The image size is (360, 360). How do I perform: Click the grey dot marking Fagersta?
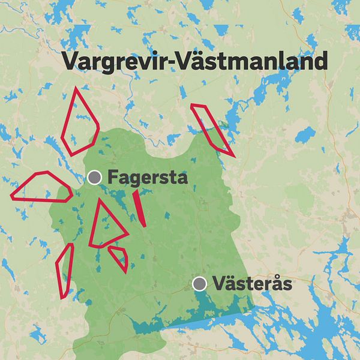[x=94, y=177]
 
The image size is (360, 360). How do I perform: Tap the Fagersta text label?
[x=148, y=178]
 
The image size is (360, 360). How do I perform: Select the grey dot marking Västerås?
[x=200, y=284]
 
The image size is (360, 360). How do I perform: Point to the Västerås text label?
[x=253, y=284]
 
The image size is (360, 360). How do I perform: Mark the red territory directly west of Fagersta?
[x=42, y=186]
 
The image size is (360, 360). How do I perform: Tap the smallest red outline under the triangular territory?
[x=119, y=256]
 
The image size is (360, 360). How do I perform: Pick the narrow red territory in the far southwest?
[x=64, y=270]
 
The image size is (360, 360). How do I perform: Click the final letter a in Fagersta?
[x=182, y=179]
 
